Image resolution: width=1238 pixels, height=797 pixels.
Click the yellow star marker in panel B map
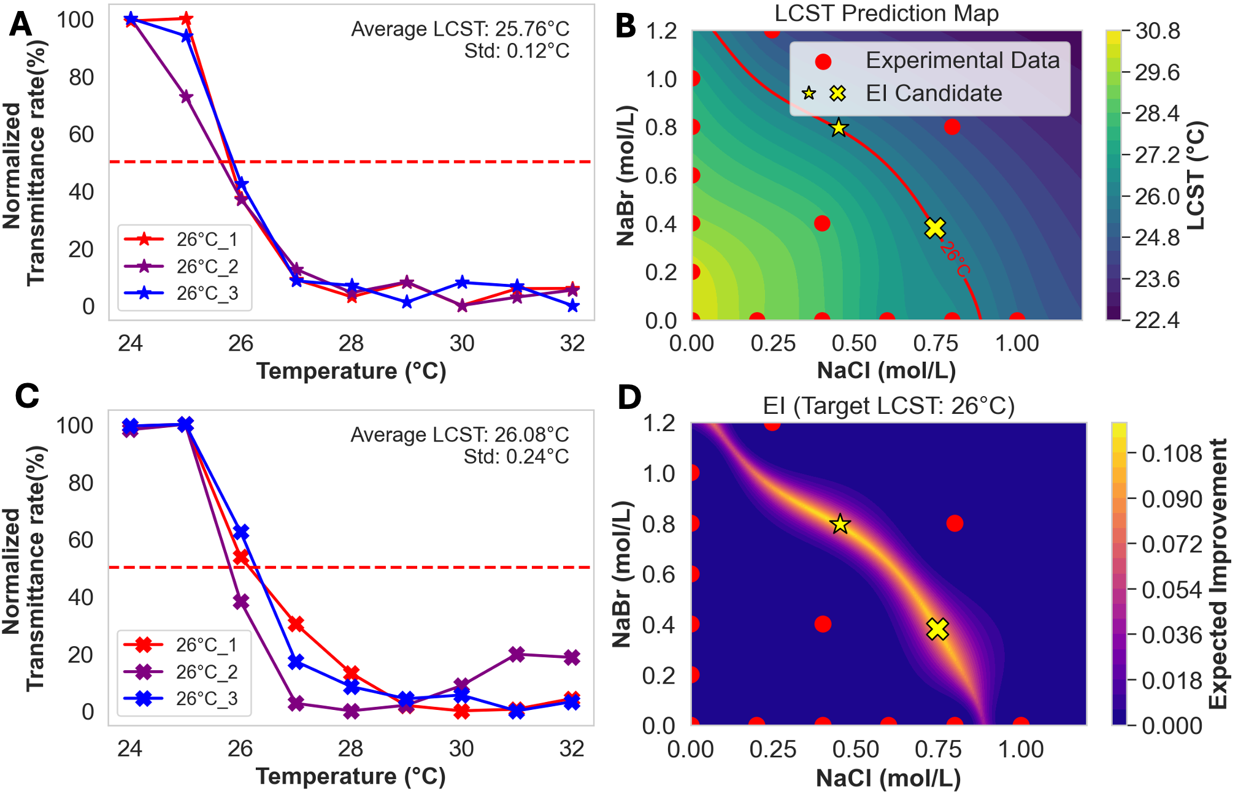(839, 128)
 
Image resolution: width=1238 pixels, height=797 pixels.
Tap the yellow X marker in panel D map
(937, 629)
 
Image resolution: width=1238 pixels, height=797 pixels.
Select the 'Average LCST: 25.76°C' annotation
(460, 29)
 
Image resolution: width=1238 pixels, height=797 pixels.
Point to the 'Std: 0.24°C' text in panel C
(516, 457)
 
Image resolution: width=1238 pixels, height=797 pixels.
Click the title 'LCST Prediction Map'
(886, 13)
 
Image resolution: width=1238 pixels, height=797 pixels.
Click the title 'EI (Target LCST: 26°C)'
(888, 406)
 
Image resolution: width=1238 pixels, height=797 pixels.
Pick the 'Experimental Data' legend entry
(962, 61)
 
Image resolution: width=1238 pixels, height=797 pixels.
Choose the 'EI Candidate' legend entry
(933, 93)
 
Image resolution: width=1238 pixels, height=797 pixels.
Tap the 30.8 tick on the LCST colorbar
(1157, 31)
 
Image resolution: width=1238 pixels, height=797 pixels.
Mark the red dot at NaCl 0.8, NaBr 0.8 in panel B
(952, 127)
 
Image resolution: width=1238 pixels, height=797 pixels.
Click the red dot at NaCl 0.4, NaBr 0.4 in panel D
(823, 624)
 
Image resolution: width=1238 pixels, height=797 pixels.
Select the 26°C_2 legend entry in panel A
(207, 267)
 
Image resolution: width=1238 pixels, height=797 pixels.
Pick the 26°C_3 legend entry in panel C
(206, 698)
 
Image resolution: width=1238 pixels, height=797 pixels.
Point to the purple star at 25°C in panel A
(186, 97)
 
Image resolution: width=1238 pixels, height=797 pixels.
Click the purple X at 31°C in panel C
(517, 655)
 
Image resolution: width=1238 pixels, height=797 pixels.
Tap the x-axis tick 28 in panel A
(351, 343)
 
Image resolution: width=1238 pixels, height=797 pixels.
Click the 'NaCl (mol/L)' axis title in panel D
(888, 777)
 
